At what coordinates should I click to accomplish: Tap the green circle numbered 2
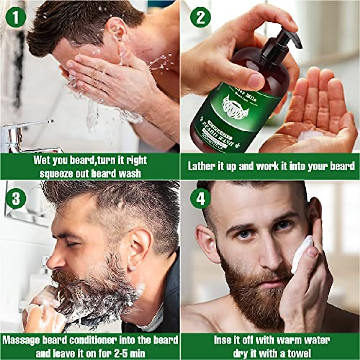tap(200, 17)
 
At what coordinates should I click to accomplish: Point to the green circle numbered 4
tap(200, 199)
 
